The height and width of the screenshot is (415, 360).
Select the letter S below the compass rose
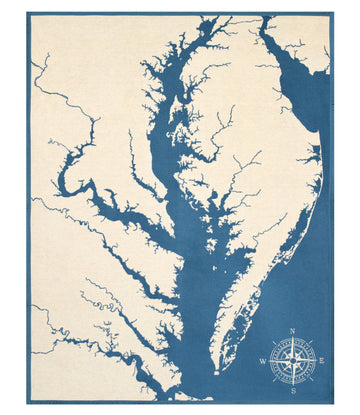click(293, 391)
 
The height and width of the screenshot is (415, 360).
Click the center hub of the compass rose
click(293, 360)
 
